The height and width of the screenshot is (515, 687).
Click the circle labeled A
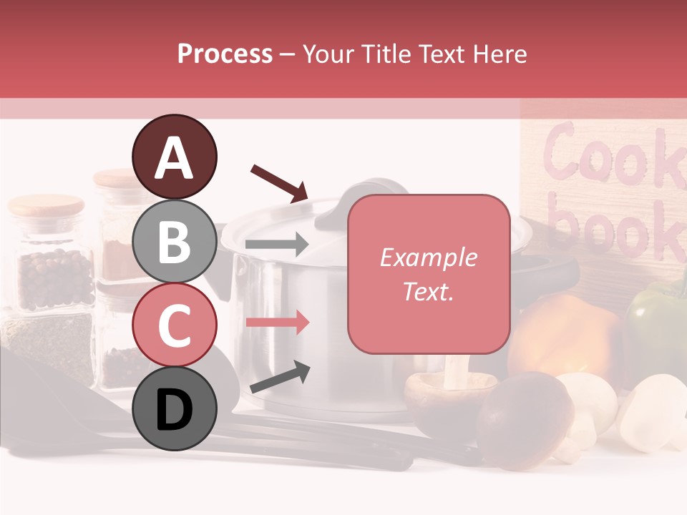click(175, 157)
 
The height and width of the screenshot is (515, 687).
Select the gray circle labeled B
click(175, 241)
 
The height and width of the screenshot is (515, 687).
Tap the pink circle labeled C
click(175, 325)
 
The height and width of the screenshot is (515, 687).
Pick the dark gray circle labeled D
click(175, 409)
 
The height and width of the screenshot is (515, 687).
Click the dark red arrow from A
click(279, 182)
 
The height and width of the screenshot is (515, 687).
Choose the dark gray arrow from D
click(279, 378)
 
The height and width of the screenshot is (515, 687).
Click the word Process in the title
click(225, 54)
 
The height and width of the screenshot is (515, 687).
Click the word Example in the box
click(428, 257)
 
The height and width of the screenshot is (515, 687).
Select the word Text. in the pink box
click(428, 291)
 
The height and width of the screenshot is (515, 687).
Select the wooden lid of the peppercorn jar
click(47, 206)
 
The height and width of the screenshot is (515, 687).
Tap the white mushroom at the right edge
click(655, 411)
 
